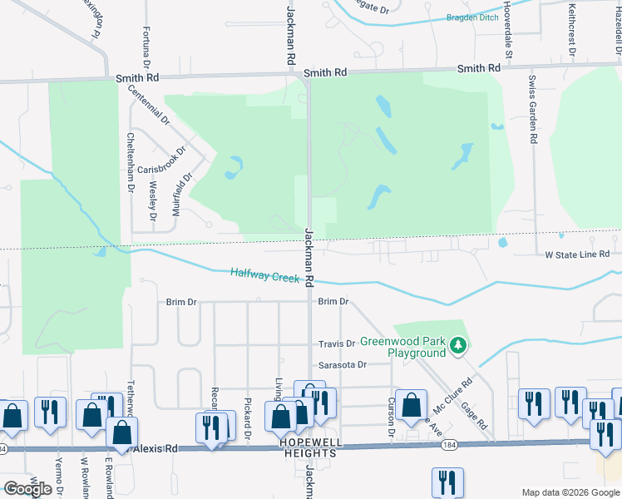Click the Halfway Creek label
pos(264,274)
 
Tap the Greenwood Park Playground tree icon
pos(457,345)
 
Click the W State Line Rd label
pos(578,254)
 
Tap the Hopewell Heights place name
pos(307,453)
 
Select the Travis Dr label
pos(337,343)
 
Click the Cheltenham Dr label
pos(130,163)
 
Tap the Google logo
pos(28,489)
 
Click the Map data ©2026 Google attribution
pos(570,492)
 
